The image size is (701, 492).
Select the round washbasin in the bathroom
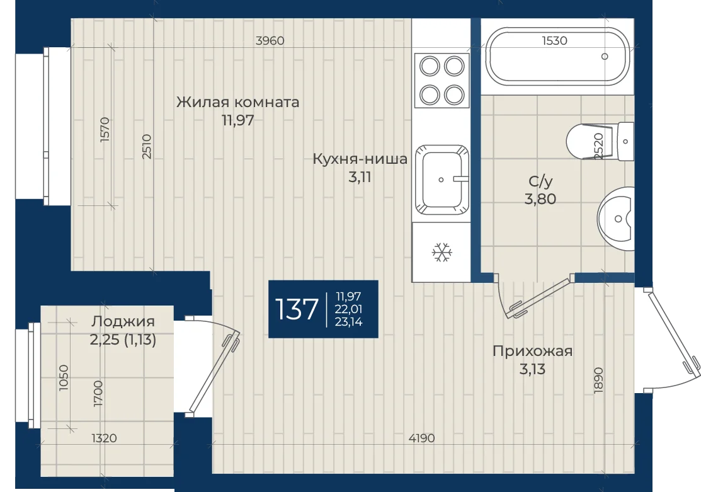click(x=617, y=219)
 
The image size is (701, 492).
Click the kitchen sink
click(x=442, y=180)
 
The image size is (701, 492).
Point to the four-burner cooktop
click(x=442, y=80)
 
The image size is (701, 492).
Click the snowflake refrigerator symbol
click(x=442, y=252)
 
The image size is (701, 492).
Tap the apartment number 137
click(x=297, y=309)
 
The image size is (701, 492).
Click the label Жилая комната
click(x=237, y=102)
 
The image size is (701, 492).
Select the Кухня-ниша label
click(x=360, y=159)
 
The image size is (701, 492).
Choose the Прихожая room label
click(x=532, y=351)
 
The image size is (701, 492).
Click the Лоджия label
click(x=123, y=321)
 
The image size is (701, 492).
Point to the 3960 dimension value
click(x=270, y=41)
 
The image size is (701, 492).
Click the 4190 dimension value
click(x=421, y=438)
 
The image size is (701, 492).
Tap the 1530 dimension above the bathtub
click(x=554, y=41)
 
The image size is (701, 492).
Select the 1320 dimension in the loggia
click(x=104, y=438)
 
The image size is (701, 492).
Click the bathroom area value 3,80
click(x=540, y=198)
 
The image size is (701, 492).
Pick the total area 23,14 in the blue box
click(x=349, y=321)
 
